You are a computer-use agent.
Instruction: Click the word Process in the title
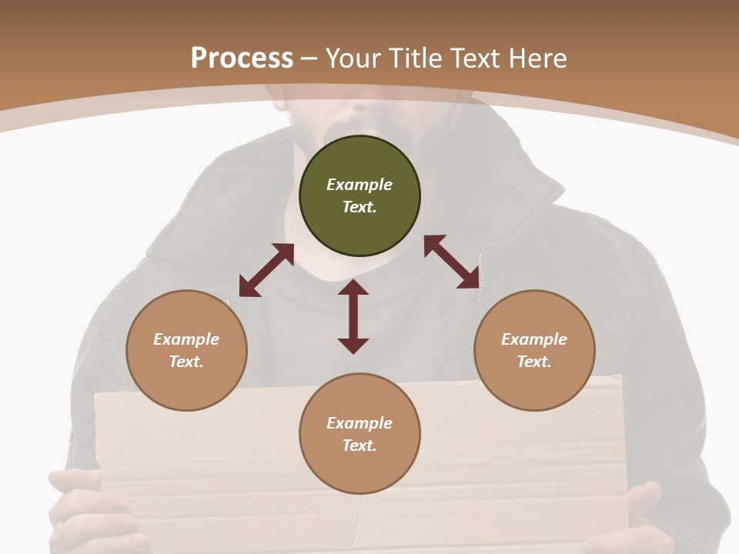(x=242, y=58)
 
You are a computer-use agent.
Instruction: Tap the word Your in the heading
(x=352, y=58)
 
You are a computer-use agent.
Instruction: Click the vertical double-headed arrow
(x=353, y=316)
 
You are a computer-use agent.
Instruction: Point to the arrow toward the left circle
(x=266, y=270)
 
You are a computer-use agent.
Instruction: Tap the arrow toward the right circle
(x=452, y=262)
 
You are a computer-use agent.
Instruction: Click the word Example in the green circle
(x=359, y=185)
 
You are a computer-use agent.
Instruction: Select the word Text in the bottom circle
(x=359, y=446)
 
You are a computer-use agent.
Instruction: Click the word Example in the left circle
(x=186, y=339)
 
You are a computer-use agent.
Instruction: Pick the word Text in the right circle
(x=533, y=362)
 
